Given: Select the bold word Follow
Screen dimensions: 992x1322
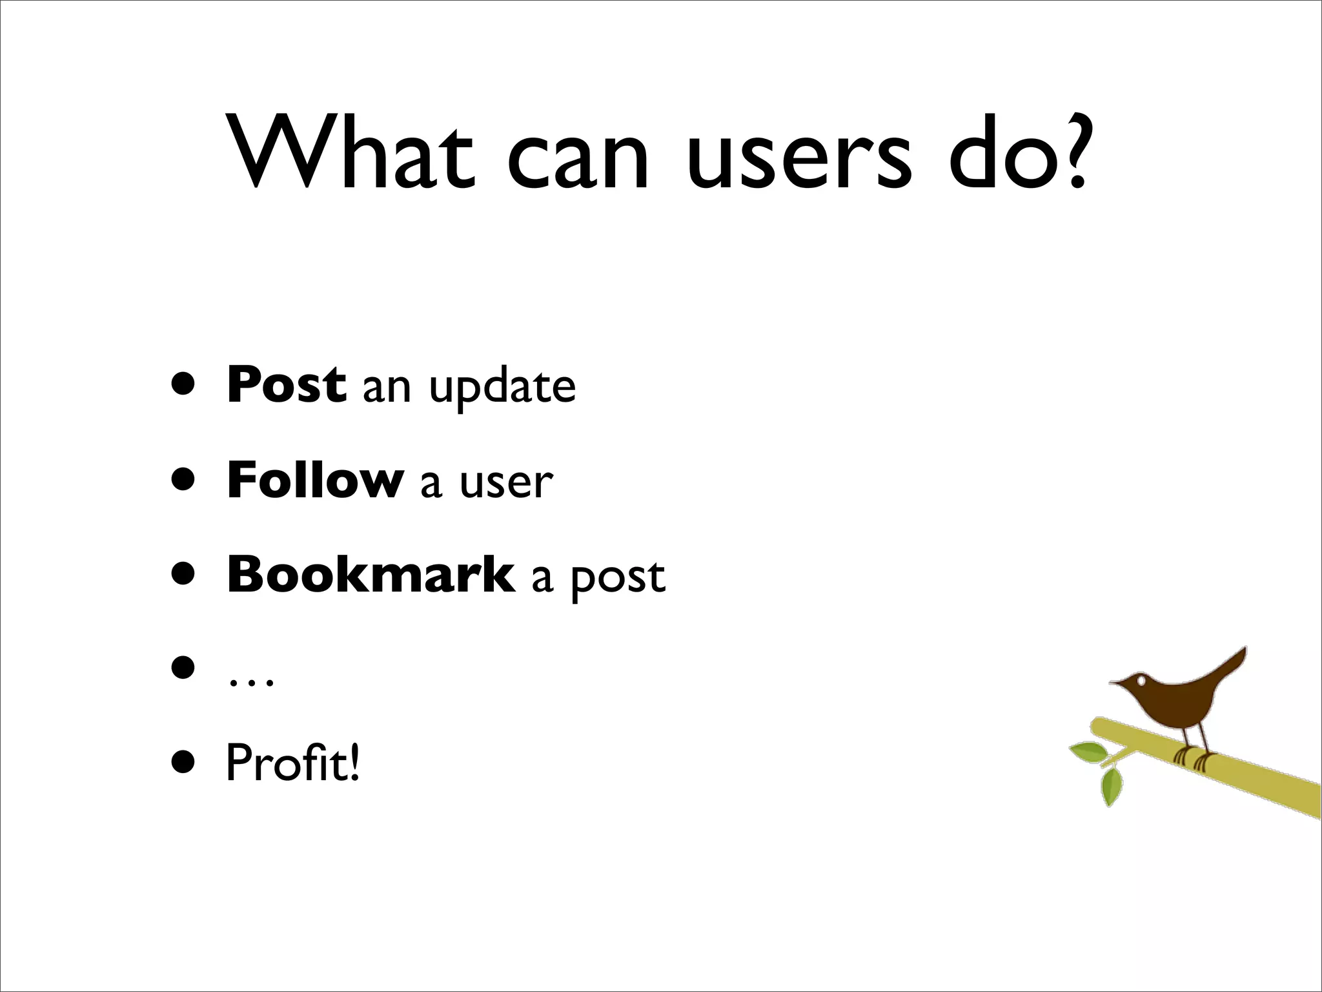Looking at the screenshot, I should coord(315,480).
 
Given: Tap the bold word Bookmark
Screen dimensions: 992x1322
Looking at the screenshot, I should coord(371,574).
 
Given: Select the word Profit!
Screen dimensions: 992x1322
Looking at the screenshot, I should coord(292,763).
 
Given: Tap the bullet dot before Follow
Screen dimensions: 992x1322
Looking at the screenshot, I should coord(183,480).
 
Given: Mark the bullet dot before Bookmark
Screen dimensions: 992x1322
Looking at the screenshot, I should coord(183,574).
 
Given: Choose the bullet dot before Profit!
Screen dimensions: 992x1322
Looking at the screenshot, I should coord(183,763).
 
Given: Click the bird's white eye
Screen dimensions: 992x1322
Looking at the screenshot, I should coord(1141,680).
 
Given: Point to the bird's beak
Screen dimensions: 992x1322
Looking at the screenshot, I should coord(1116,683).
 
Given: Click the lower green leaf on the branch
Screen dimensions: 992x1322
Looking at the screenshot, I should coord(1111,786).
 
